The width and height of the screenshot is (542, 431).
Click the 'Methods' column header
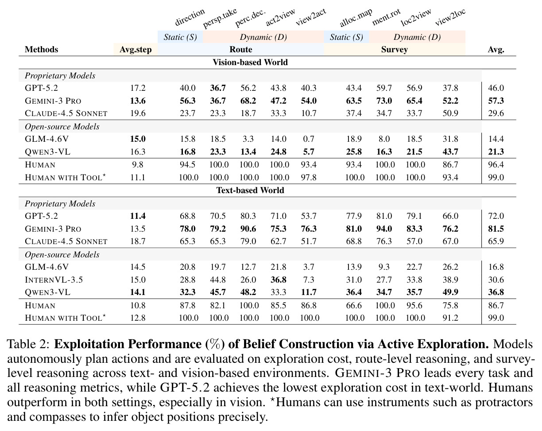coord(41,50)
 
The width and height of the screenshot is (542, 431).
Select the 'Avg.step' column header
coord(135,50)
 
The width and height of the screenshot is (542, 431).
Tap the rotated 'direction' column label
coord(190,17)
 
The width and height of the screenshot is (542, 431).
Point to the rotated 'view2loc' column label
coord(450,17)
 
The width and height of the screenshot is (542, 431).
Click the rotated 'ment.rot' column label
coord(386,17)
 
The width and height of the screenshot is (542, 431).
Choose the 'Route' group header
coord(240,50)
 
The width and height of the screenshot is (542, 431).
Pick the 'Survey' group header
coord(394,50)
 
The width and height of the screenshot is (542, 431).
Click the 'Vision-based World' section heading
coord(250,62)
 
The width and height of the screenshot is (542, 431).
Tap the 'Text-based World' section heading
coord(250,190)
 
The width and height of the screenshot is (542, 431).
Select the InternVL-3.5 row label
coord(54,280)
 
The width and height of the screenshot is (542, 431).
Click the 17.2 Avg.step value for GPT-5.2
coord(138,88)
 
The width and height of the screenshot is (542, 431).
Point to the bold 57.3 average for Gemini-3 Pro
coord(496,101)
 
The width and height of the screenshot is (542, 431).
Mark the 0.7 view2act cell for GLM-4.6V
coord(309,139)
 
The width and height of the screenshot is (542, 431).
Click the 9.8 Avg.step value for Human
coord(138,165)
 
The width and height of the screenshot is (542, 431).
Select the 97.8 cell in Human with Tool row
coord(309,178)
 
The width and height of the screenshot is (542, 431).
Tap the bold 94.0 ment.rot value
coord(384,229)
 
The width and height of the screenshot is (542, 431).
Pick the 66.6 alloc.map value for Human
coord(354,306)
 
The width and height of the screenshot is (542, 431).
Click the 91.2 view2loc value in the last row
coord(450,318)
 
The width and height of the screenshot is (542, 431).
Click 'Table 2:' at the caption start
coord(29,344)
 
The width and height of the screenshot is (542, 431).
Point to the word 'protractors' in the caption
coord(504,403)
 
